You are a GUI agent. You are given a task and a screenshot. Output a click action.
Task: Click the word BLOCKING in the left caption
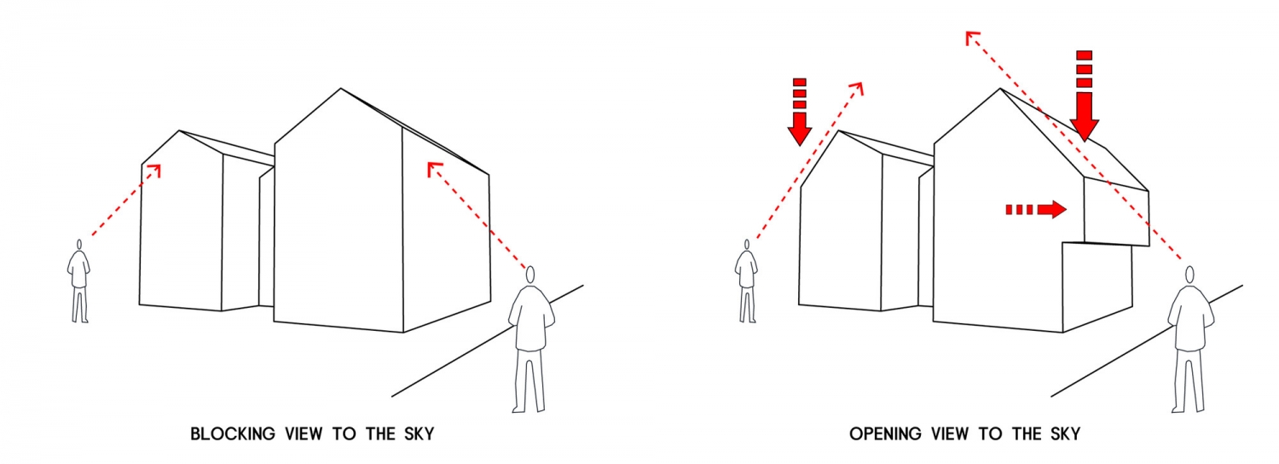pos(233,434)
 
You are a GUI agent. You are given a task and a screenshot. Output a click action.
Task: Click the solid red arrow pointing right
pos(1036,210)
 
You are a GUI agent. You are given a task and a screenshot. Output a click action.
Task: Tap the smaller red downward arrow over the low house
pos(800,112)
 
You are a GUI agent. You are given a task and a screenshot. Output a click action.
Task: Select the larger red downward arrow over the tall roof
pos(1085,96)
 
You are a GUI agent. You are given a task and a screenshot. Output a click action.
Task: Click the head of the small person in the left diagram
pos(78,245)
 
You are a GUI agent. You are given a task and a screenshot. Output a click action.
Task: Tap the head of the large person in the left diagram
pos(530,275)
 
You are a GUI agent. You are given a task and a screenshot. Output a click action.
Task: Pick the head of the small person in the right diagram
pos(746,245)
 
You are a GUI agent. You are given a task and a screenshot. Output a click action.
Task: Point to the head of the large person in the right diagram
pos(1190,275)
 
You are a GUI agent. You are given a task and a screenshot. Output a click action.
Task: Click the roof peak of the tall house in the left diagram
pos(341,89)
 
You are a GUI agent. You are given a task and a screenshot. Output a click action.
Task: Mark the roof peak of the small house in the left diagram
pos(179,130)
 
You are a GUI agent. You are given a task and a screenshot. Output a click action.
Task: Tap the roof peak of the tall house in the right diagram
pos(1000,89)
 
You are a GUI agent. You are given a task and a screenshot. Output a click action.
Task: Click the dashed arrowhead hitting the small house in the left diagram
pos(155,169)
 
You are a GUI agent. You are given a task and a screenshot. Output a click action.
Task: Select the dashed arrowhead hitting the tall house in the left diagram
pos(433,167)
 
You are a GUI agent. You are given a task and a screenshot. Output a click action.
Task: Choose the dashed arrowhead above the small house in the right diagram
pos(857,88)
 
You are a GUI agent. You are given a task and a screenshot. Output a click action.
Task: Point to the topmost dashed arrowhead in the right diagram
pos(971,37)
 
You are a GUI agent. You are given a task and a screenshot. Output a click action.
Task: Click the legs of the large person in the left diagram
pos(529,380)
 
